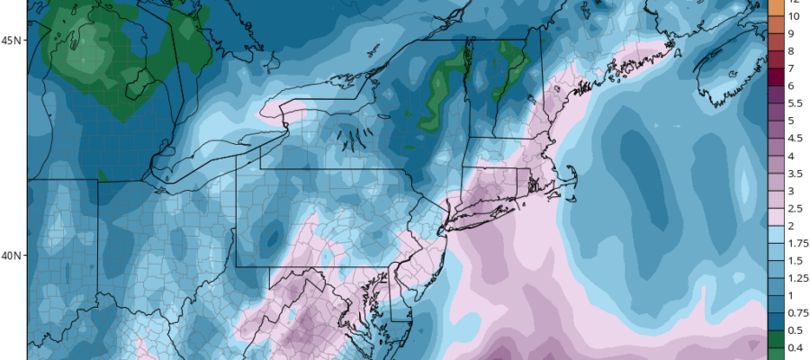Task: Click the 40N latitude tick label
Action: pos(13,256)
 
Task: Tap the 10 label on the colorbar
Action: pos(794,16)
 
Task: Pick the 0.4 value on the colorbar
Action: pos(795,346)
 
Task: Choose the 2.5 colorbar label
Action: pos(795,207)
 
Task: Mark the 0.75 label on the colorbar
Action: pos(797,311)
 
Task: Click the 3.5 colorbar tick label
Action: pos(795,172)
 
